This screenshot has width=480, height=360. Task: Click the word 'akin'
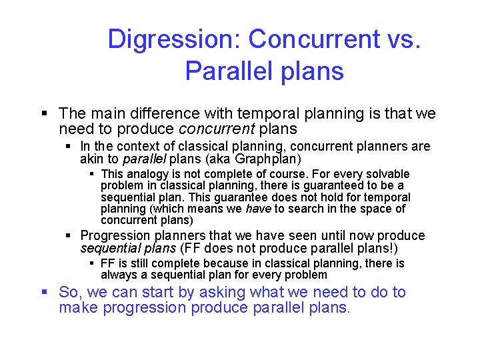[x=91, y=159]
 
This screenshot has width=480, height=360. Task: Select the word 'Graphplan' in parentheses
[x=269, y=159]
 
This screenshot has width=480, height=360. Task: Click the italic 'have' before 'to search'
[x=257, y=209]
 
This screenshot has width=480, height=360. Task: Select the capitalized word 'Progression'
[x=115, y=235]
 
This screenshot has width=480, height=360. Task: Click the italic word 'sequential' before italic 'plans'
[x=109, y=249]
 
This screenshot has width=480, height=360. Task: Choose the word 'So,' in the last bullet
[x=71, y=292]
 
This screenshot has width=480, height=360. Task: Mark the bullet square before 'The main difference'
[x=45, y=114]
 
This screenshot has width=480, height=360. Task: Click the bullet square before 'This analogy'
[x=93, y=175]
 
